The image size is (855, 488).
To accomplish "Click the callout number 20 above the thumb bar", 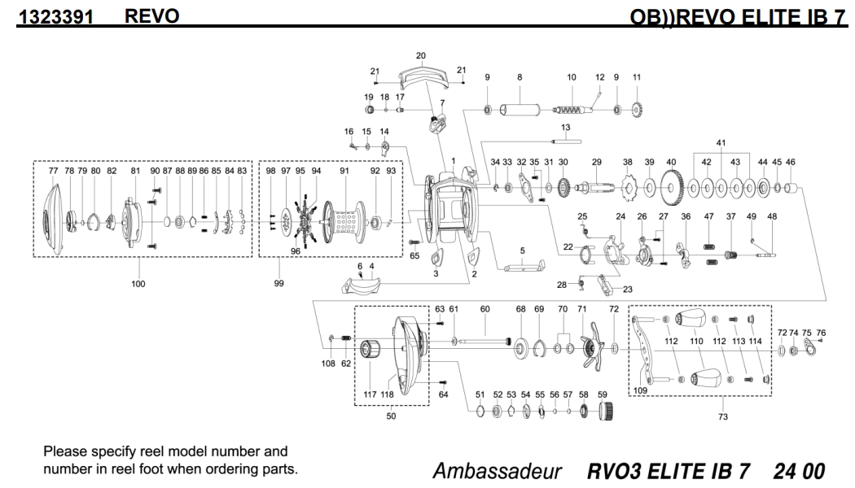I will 421,56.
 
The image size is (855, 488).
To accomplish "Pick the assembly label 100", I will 138,284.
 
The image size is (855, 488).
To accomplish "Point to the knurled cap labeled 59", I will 604,412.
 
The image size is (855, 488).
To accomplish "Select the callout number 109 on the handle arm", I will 641,390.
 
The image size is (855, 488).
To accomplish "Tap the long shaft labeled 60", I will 485,340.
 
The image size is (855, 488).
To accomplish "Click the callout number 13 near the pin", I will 565,128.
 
